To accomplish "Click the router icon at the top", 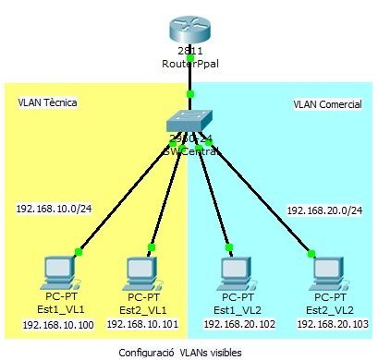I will click(x=189, y=28).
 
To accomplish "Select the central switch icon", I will click(x=189, y=126).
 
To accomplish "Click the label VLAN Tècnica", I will click(x=47, y=102).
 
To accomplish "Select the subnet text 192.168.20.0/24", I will click(x=323, y=211).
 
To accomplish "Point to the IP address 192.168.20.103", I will click(x=332, y=326).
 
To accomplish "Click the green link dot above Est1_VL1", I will click(x=79, y=250).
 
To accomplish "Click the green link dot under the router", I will click(x=190, y=61).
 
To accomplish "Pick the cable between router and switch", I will click(x=190, y=78).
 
